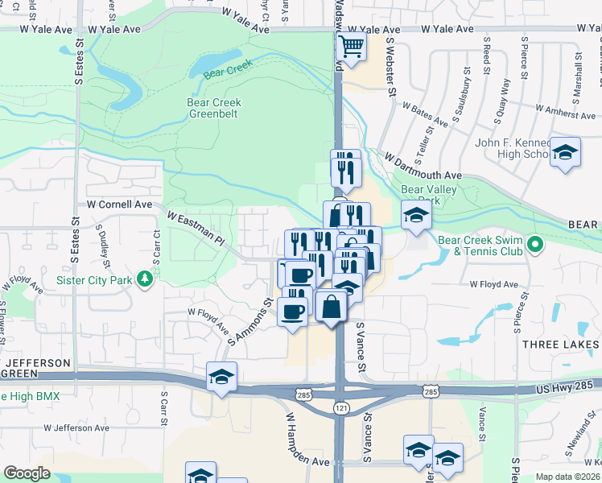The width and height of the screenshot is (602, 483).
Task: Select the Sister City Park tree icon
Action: (x=145, y=279)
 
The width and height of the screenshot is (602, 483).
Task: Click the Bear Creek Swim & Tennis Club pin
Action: (x=532, y=242)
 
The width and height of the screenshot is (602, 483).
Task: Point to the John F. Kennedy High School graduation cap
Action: (x=565, y=151)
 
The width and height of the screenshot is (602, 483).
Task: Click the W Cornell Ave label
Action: (x=120, y=204)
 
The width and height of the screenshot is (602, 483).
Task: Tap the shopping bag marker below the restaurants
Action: (x=331, y=305)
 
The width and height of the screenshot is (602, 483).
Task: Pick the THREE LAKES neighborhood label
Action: (x=561, y=345)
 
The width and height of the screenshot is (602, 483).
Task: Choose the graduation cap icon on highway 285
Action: (x=221, y=376)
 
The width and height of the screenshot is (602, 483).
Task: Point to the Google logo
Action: (x=27, y=473)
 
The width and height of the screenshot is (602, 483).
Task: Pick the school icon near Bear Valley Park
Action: (x=416, y=215)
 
